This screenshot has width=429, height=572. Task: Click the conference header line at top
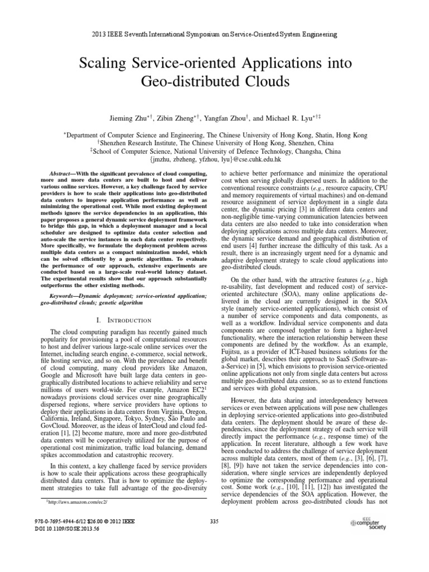(214, 35)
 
